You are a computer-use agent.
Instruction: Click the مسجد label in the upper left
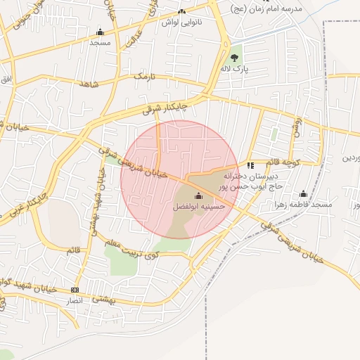click(x=100, y=42)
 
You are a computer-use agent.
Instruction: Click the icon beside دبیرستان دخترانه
click(x=250, y=166)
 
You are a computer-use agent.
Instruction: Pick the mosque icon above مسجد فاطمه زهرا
click(x=304, y=193)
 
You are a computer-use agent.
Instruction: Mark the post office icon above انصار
click(x=75, y=290)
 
